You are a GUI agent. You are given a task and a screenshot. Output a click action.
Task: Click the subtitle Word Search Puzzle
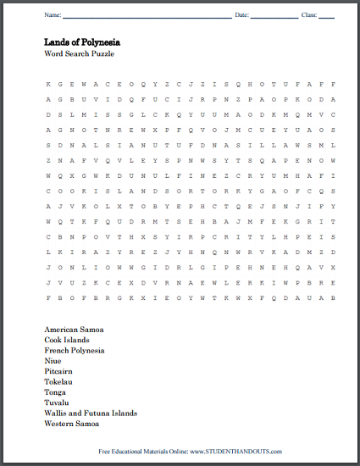(79, 53)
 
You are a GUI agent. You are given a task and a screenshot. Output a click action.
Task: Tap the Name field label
(53, 15)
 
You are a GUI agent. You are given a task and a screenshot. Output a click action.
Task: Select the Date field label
(241, 15)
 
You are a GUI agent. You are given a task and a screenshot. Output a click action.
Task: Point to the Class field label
(308, 15)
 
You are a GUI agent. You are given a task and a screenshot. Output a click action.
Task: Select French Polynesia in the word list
(75, 350)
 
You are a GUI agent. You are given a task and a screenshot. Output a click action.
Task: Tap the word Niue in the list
(53, 362)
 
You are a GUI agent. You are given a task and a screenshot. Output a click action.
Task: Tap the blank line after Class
(327, 16)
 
